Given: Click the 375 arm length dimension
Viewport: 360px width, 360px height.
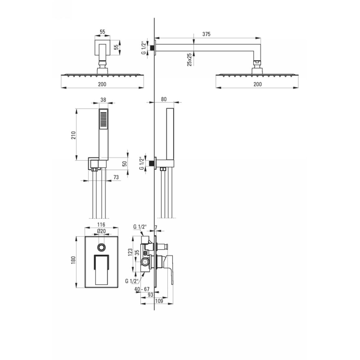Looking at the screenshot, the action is pos(206,34).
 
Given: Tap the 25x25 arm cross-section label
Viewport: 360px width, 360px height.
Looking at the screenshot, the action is pos(189,60).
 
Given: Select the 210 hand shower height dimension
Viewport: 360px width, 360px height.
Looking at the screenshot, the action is pos(73,135).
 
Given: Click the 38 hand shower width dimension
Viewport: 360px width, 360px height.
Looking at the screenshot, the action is pos(103,100).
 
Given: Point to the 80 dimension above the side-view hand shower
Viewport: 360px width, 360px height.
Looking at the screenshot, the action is pos(164,99).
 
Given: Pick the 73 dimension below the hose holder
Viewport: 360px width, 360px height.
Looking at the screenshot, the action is pos(116,177).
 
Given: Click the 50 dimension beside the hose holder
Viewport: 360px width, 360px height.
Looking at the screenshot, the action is pos(125,164).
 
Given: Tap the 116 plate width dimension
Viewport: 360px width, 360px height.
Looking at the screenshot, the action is pos(101,225).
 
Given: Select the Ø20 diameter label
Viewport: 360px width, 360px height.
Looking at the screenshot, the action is pos(101,231).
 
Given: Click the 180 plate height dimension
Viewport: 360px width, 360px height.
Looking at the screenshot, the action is pos(73,260).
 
